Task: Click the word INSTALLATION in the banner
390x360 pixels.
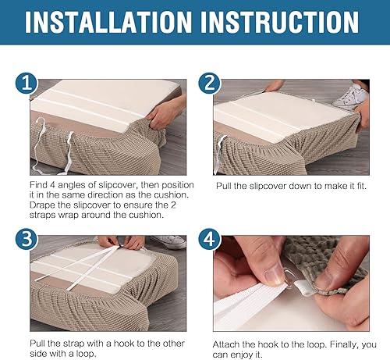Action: point(108,22)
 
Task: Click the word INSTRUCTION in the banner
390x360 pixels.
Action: point(280,22)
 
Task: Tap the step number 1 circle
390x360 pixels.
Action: point(27,83)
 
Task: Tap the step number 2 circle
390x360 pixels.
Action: point(210,83)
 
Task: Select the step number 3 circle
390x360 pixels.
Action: point(27,239)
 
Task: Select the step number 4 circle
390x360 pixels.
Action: point(210,239)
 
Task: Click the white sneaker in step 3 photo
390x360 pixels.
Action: point(169,242)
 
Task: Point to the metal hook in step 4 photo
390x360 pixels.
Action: point(289,279)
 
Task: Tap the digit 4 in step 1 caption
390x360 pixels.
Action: point(52,185)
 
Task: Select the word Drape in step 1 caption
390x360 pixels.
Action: point(42,205)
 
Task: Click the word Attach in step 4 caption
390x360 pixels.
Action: point(226,344)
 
